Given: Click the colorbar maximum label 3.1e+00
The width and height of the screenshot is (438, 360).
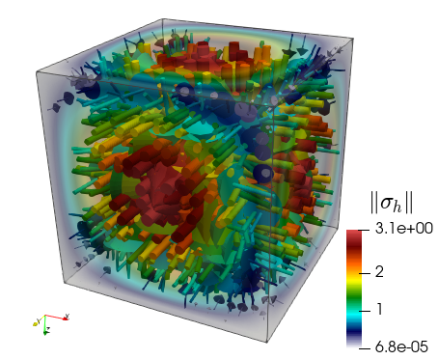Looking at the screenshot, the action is click(x=404, y=229).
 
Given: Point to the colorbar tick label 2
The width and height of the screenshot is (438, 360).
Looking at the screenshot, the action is click(x=379, y=272).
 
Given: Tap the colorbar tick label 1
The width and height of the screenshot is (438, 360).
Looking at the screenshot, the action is click(x=379, y=309).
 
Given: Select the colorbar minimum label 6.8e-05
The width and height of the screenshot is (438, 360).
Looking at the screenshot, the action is click(x=401, y=347).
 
